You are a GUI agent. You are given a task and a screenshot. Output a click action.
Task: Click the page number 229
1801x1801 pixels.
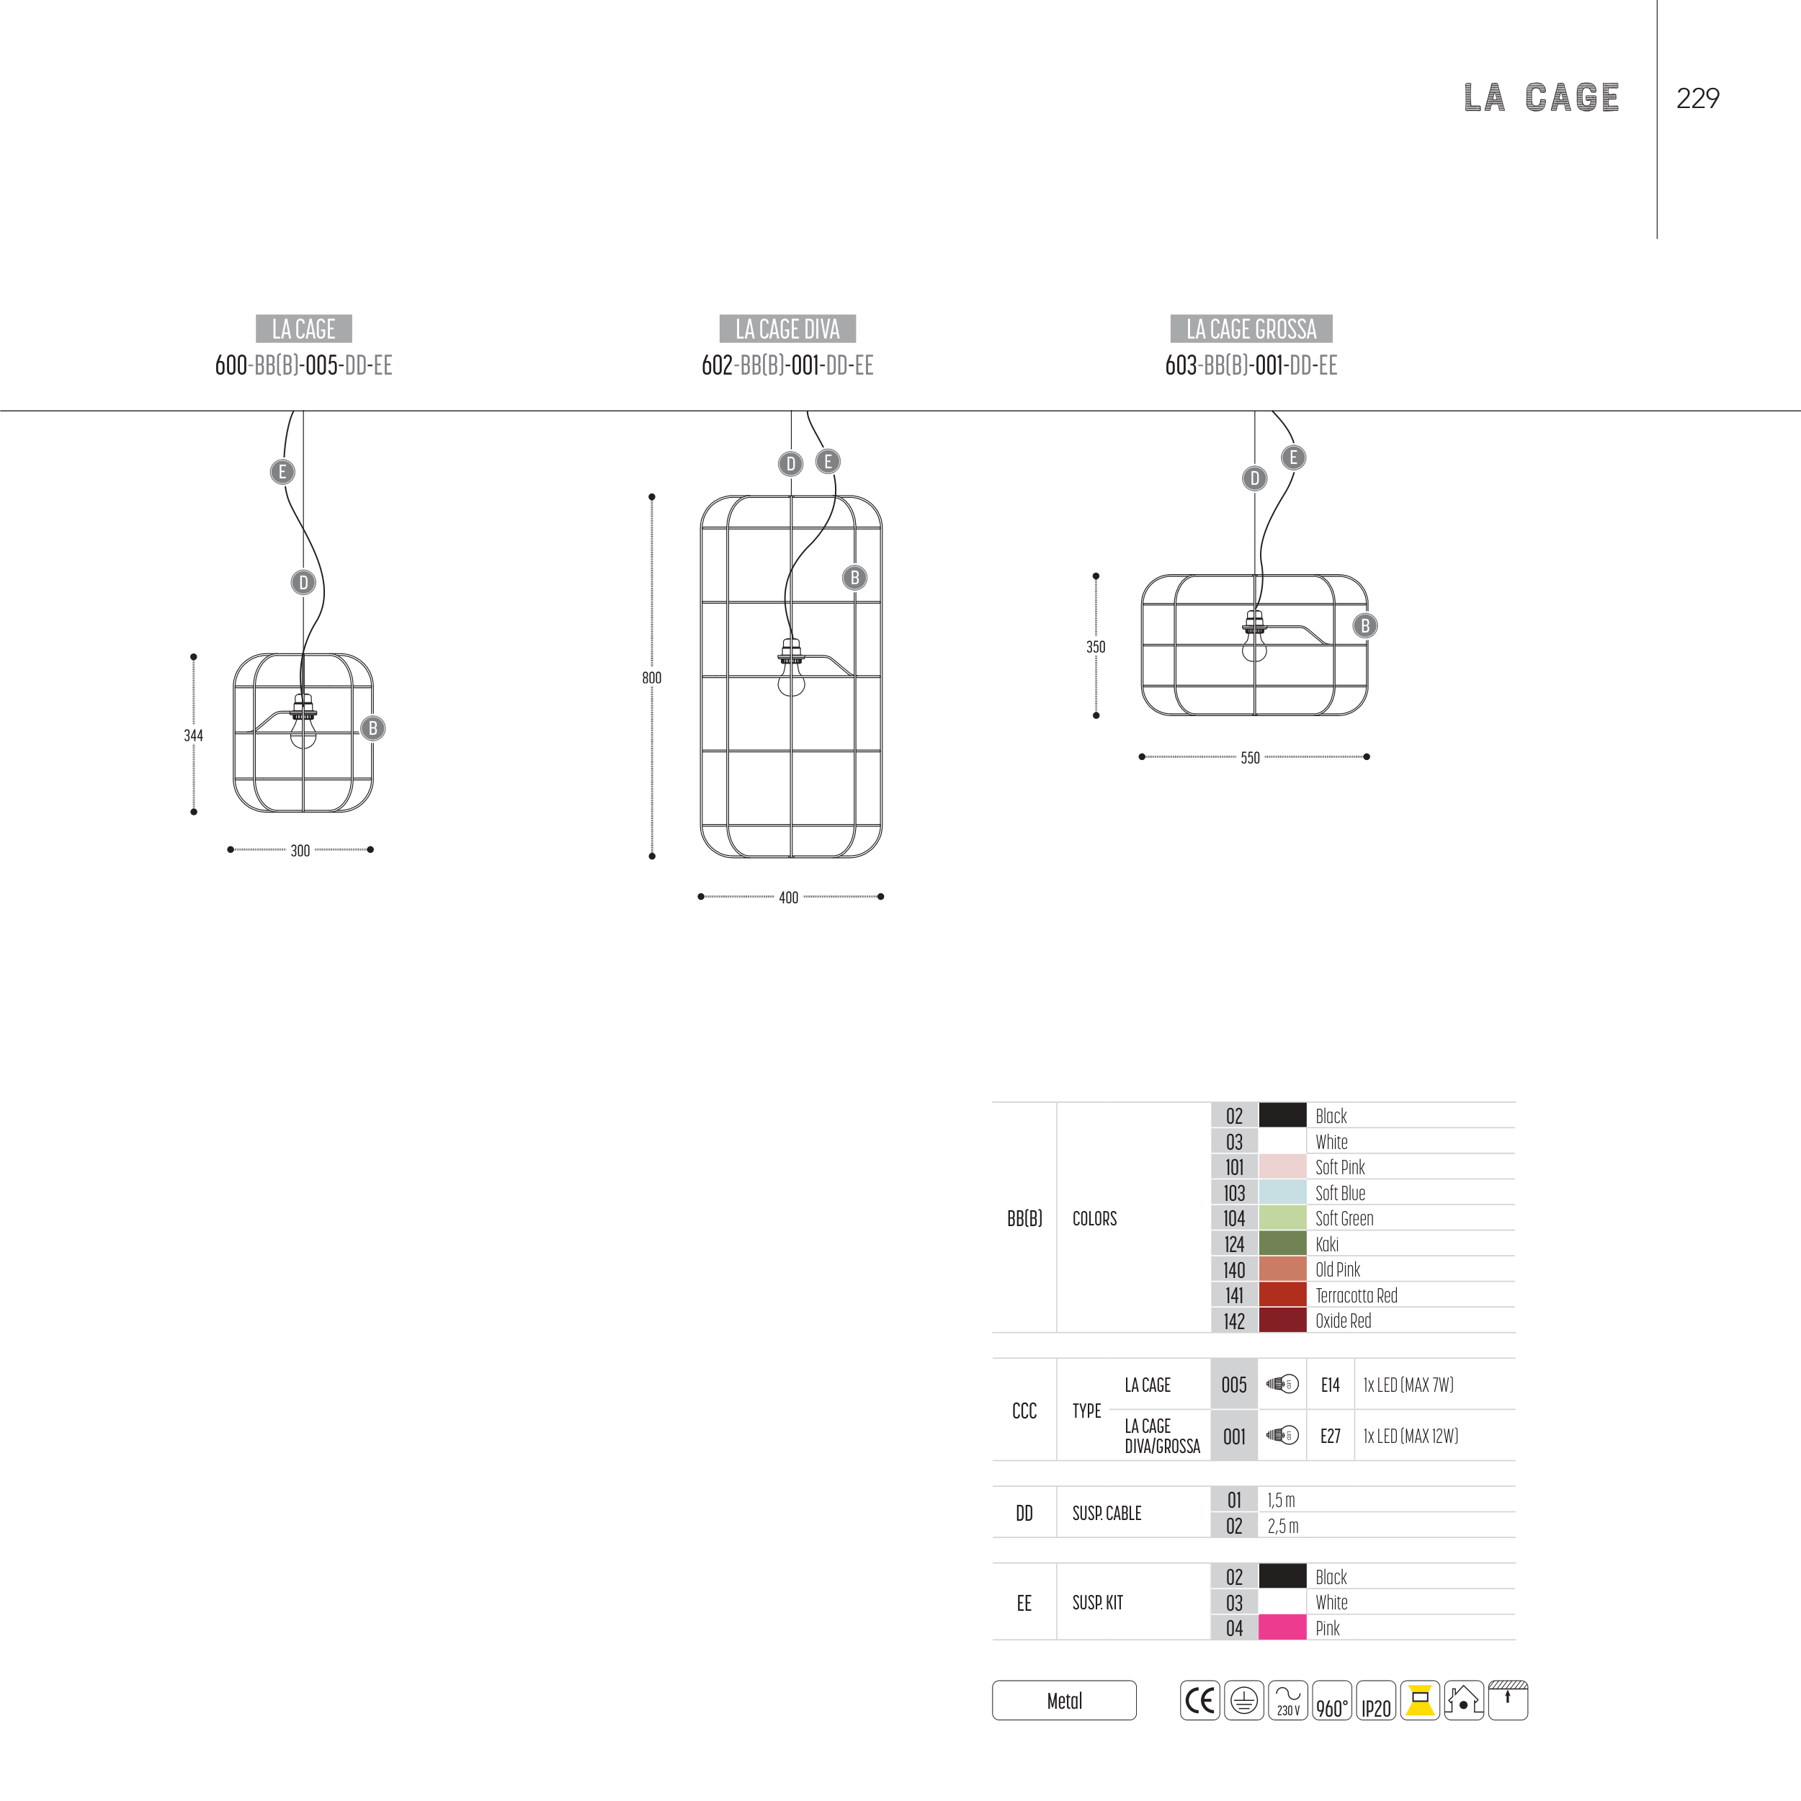coord(1697,98)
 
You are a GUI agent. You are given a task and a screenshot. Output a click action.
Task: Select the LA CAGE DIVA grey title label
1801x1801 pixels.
coord(787,329)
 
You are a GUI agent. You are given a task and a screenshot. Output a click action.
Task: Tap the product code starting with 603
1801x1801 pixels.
coord(1251,365)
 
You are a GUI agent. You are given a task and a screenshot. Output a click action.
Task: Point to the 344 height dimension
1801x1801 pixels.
coord(193,736)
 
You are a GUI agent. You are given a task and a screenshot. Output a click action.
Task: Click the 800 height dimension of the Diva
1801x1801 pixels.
coord(652,679)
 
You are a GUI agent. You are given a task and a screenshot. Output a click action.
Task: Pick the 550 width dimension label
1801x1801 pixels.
coord(1250,758)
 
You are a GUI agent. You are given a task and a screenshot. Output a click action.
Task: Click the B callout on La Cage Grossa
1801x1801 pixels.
coord(1364,625)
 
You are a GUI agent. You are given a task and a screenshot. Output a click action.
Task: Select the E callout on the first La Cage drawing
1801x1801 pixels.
coord(282,472)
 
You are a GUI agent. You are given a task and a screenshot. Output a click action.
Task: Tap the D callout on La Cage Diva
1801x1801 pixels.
coord(790,463)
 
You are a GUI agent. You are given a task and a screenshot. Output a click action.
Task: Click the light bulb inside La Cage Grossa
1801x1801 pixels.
coord(1255,637)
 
